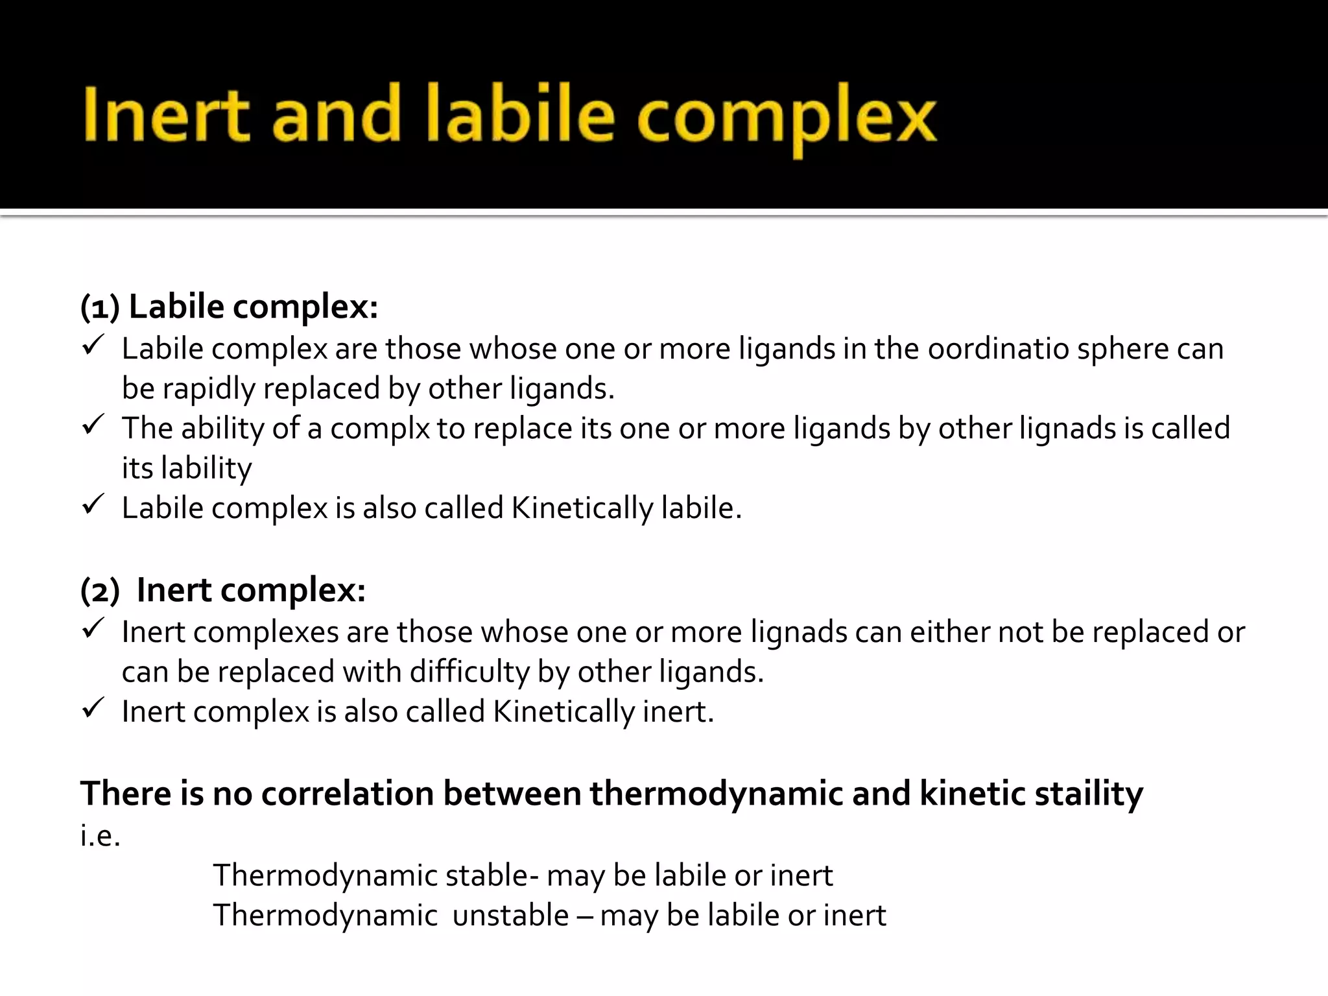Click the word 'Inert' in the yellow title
click(165, 115)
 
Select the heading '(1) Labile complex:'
click(229, 307)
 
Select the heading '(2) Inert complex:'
click(222, 590)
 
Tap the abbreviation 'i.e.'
click(101, 835)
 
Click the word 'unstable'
click(510, 916)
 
